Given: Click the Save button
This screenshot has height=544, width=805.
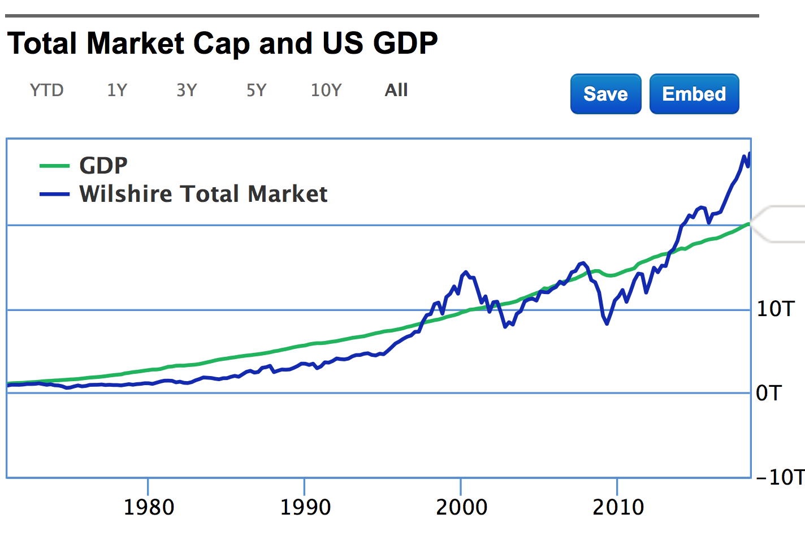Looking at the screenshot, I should pyautogui.click(x=605, y=94).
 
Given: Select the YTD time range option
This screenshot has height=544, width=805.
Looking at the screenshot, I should pyautogui.click(x=46, y=90).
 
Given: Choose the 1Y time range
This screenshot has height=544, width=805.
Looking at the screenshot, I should pyautogui.click(x=117, y=90).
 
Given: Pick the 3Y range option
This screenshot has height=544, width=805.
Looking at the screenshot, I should pyautogui.click(x=187, y=90).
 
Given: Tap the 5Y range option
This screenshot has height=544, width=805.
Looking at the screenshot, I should pyautogui.click(x=256, y=90).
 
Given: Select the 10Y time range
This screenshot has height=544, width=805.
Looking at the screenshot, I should pyautogui.click(x=326, y=90).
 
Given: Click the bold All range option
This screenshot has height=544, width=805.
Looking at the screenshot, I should pyautogui.click(x=396, y=90).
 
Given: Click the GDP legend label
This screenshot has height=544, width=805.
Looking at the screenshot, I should pyautogui.click(x=103, y=166).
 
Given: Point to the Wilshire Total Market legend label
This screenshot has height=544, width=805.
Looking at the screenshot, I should pyautogui.click(x=203, y=194).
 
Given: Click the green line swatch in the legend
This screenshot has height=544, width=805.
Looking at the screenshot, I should pyautogui.click(x=54, y=166).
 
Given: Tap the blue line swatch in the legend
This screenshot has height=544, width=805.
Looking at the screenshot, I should pyautogui.click(x=54, y=194).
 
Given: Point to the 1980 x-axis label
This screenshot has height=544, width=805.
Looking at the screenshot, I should pyautogui.click(x=149, y=507).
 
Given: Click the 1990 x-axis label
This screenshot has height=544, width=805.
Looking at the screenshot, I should pyautogui.click(x=305, y=507).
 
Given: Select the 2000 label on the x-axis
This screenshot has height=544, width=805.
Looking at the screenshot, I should pyautogui.click(x=461, y=507).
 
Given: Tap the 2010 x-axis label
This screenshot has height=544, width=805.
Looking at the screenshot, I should pyautogui.click(x=618, y=507).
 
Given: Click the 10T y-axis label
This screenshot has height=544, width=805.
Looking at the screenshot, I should pyautogui.click(x=776, y=309).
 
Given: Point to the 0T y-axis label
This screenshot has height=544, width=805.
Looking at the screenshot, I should pyautogui.click(x=769, y=393).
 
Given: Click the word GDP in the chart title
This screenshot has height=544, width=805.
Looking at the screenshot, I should pyautogui.click(x=405, y=44).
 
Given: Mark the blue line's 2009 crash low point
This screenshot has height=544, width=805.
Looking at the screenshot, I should pyautogui.click(x=607, y=323).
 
